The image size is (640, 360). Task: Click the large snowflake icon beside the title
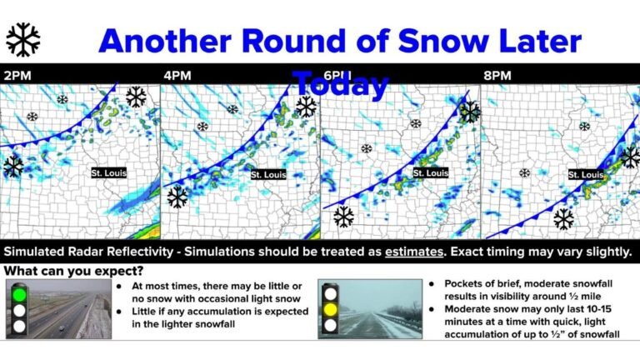click(x=22, y=39)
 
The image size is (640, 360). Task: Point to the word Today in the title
click(x=341, y=84)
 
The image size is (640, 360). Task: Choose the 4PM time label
click(x=177, y=75)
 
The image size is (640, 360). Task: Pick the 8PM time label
click(x=497, y=75)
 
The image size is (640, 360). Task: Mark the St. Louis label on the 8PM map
click(x=585, y=174)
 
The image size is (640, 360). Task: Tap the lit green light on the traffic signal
click(x=18, y=294)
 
